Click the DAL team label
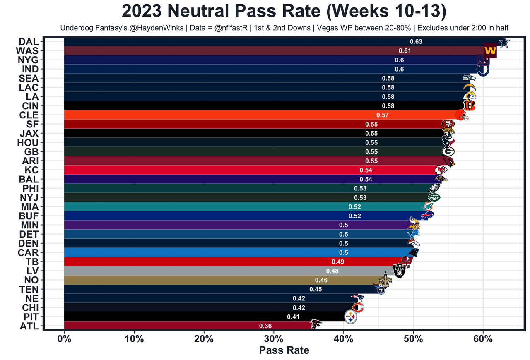[29, 42]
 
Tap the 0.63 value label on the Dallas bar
[416, 42]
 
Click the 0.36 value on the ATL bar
[265, 326]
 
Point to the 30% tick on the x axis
[274, 339]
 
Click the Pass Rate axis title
[284, 350]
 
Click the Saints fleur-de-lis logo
[385, 281]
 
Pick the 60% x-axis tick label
[483, 339]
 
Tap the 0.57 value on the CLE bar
[383, 115]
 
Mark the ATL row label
[29, 326]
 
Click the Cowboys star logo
[504, 42]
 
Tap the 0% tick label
[64, 339]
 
